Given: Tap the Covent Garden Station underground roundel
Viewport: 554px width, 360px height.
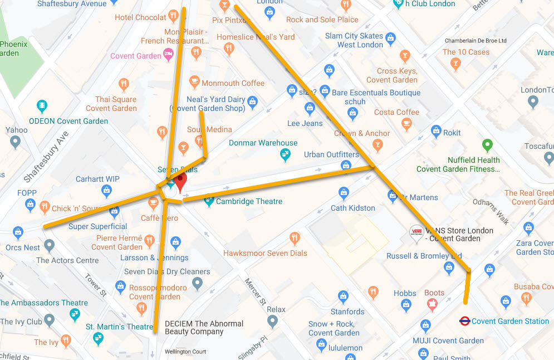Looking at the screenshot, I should click(x=464, y=321).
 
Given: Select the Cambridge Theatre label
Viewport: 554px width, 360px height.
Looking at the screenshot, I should click(x=249, y=201).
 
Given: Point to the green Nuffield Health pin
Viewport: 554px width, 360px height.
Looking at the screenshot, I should click(x=488, y=146).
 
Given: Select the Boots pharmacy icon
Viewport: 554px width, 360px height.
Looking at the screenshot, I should click(x=432, y=304).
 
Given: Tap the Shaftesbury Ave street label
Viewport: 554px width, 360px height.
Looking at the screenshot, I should click(x=47, y=157).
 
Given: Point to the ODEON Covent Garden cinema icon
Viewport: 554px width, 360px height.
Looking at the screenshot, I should click(x=42, y=106).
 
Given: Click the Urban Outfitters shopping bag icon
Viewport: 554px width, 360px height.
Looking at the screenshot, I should click(x=346, y=166).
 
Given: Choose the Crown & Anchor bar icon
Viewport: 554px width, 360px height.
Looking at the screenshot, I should click(x=378, y=145).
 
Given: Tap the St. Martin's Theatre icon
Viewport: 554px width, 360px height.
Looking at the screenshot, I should click(x=98, y=338).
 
